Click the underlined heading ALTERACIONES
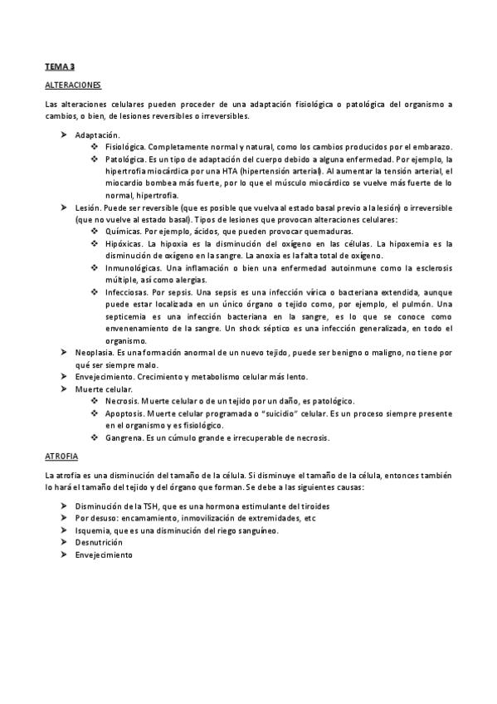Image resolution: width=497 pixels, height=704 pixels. pos(72,85)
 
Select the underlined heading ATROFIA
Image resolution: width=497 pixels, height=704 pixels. pos(61,456)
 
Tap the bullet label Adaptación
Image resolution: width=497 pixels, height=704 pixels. pos(97,134)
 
